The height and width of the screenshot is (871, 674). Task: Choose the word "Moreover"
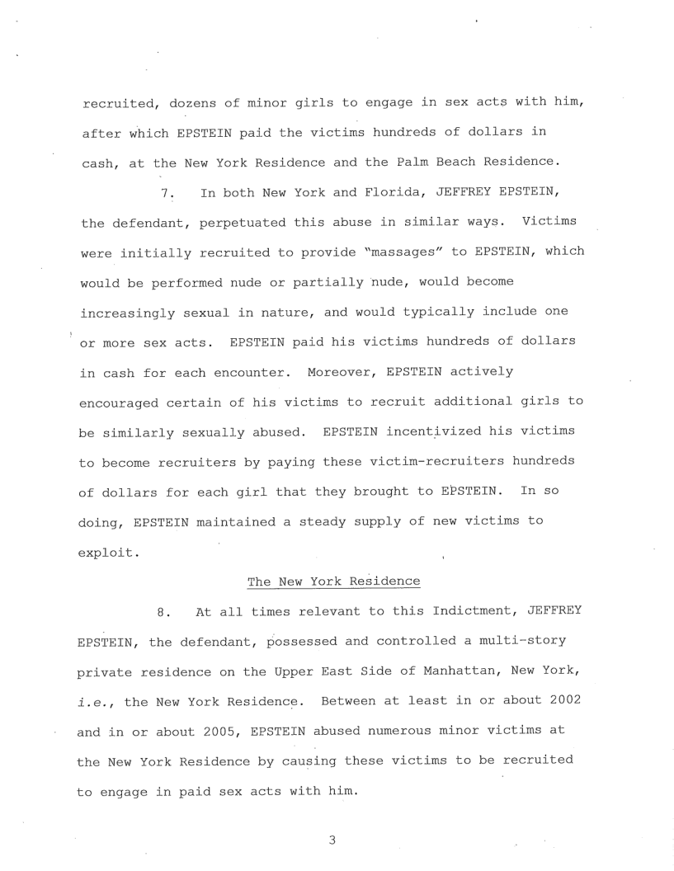[x=341, y=372]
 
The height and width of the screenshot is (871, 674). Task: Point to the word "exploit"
[x=109, y=551]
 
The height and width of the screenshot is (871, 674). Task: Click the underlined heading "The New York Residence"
[x=333, y=581]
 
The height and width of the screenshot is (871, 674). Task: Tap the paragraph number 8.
[x=163, y=613]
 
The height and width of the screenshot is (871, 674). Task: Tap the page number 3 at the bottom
[x=332, y=841]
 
